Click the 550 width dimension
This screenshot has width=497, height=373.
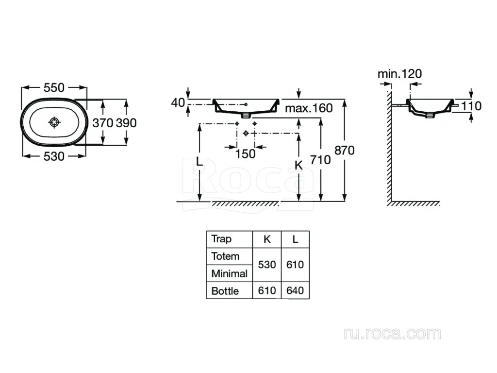(54, 87)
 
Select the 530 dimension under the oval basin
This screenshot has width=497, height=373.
(54, 156)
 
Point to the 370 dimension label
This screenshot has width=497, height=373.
(103, 123)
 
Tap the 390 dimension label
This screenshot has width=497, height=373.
(126, 123)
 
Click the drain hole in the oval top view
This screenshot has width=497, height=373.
(54, 122)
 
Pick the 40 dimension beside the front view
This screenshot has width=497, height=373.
(178, 103)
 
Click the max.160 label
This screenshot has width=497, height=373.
(309, 108)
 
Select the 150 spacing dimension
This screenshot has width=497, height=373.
(245, 154)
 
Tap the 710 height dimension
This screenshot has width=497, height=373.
(320, 160)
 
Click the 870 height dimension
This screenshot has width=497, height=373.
(345, 151)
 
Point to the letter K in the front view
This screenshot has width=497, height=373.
(298, 165)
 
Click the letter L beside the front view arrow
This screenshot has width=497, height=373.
(199, 162)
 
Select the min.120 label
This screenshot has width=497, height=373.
(400, 74)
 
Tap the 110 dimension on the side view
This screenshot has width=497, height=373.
(471, 106)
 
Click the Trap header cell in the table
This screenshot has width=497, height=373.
(221, 239)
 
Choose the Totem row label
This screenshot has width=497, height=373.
(225, 256)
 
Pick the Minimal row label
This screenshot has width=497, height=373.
(230, 273)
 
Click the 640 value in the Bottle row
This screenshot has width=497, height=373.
(295, 290)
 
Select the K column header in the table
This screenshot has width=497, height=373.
(267, 239)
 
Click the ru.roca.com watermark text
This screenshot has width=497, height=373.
(392, 334)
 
